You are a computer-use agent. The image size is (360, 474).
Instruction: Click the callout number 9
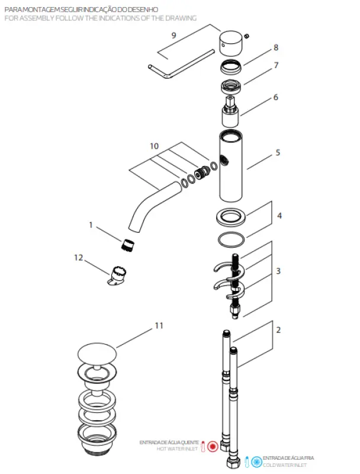pos(173,35)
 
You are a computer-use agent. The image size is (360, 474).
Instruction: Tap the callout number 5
pos(278,152)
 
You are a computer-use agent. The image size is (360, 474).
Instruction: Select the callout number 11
pos(158,325)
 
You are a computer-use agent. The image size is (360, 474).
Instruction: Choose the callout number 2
pos(278,329)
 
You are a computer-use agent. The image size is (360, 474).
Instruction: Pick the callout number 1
pos(91,225)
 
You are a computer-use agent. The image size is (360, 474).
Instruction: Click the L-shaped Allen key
pos(178,62)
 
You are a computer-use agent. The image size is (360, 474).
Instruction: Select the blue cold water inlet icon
pos(256,461)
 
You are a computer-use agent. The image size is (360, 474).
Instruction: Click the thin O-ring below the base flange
pos(230,239)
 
